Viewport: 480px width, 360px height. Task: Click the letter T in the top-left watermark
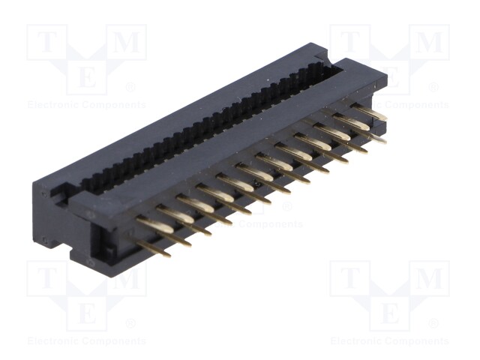pos(46,42)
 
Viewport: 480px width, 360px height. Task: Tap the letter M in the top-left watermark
pos(127,42)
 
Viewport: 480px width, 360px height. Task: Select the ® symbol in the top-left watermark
pos(130,88)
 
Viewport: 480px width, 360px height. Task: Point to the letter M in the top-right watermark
pos(430,42)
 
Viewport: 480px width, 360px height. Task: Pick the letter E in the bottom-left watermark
pos(87,313)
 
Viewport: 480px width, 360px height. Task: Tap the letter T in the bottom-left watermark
pos(46,278)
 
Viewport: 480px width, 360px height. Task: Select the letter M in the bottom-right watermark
pos(430,278)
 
